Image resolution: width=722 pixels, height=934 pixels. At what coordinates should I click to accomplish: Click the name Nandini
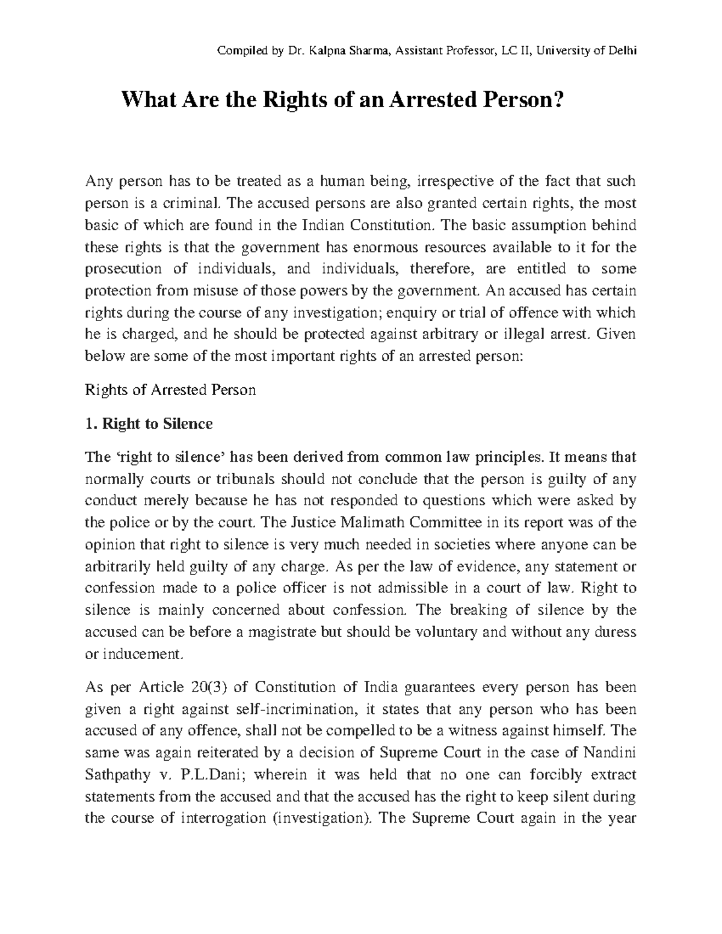click(x=612, y=752)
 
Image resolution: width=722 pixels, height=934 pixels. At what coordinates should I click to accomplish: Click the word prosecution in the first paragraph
click(x=123, y=269)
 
